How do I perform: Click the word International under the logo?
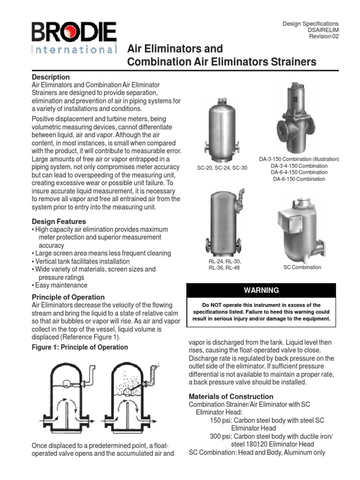click(x=74, y=49)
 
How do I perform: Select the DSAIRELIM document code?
click(x=322, y=30)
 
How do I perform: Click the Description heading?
click(x=51, y=77)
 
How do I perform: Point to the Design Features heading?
click(x=59, y=221)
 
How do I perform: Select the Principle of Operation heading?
click(x=68, y=297)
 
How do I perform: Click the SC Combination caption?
click(x=302, y=267)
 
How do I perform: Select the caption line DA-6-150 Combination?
click(x=299, y=179)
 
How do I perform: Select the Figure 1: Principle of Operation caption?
click(x=80, y=347)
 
